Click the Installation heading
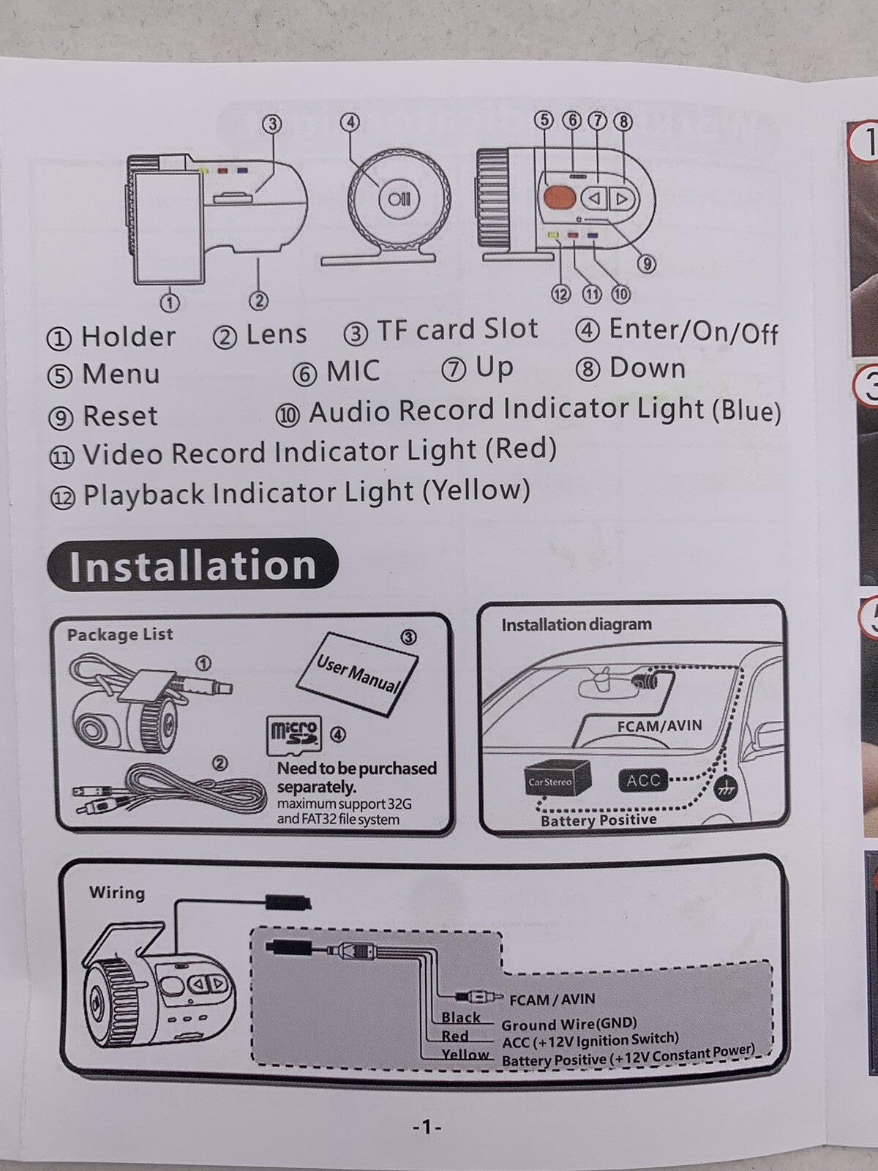click(192, 566)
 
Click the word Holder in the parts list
click(128, 337)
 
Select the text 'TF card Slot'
click(457, 330)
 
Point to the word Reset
click(120, 416)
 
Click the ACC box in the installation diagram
click(643, 780)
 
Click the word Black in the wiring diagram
click(460, 1017)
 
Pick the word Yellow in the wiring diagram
click(465, 1055)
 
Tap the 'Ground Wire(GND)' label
click(569, 1024)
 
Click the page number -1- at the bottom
click(427, 1128)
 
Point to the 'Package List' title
click(120, 635)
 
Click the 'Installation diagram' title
click(576, 625)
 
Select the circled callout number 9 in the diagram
click(645, 264)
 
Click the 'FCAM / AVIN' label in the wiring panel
click(552, 999)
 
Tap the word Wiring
click(117, 893)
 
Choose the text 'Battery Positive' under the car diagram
click(598, 820)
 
